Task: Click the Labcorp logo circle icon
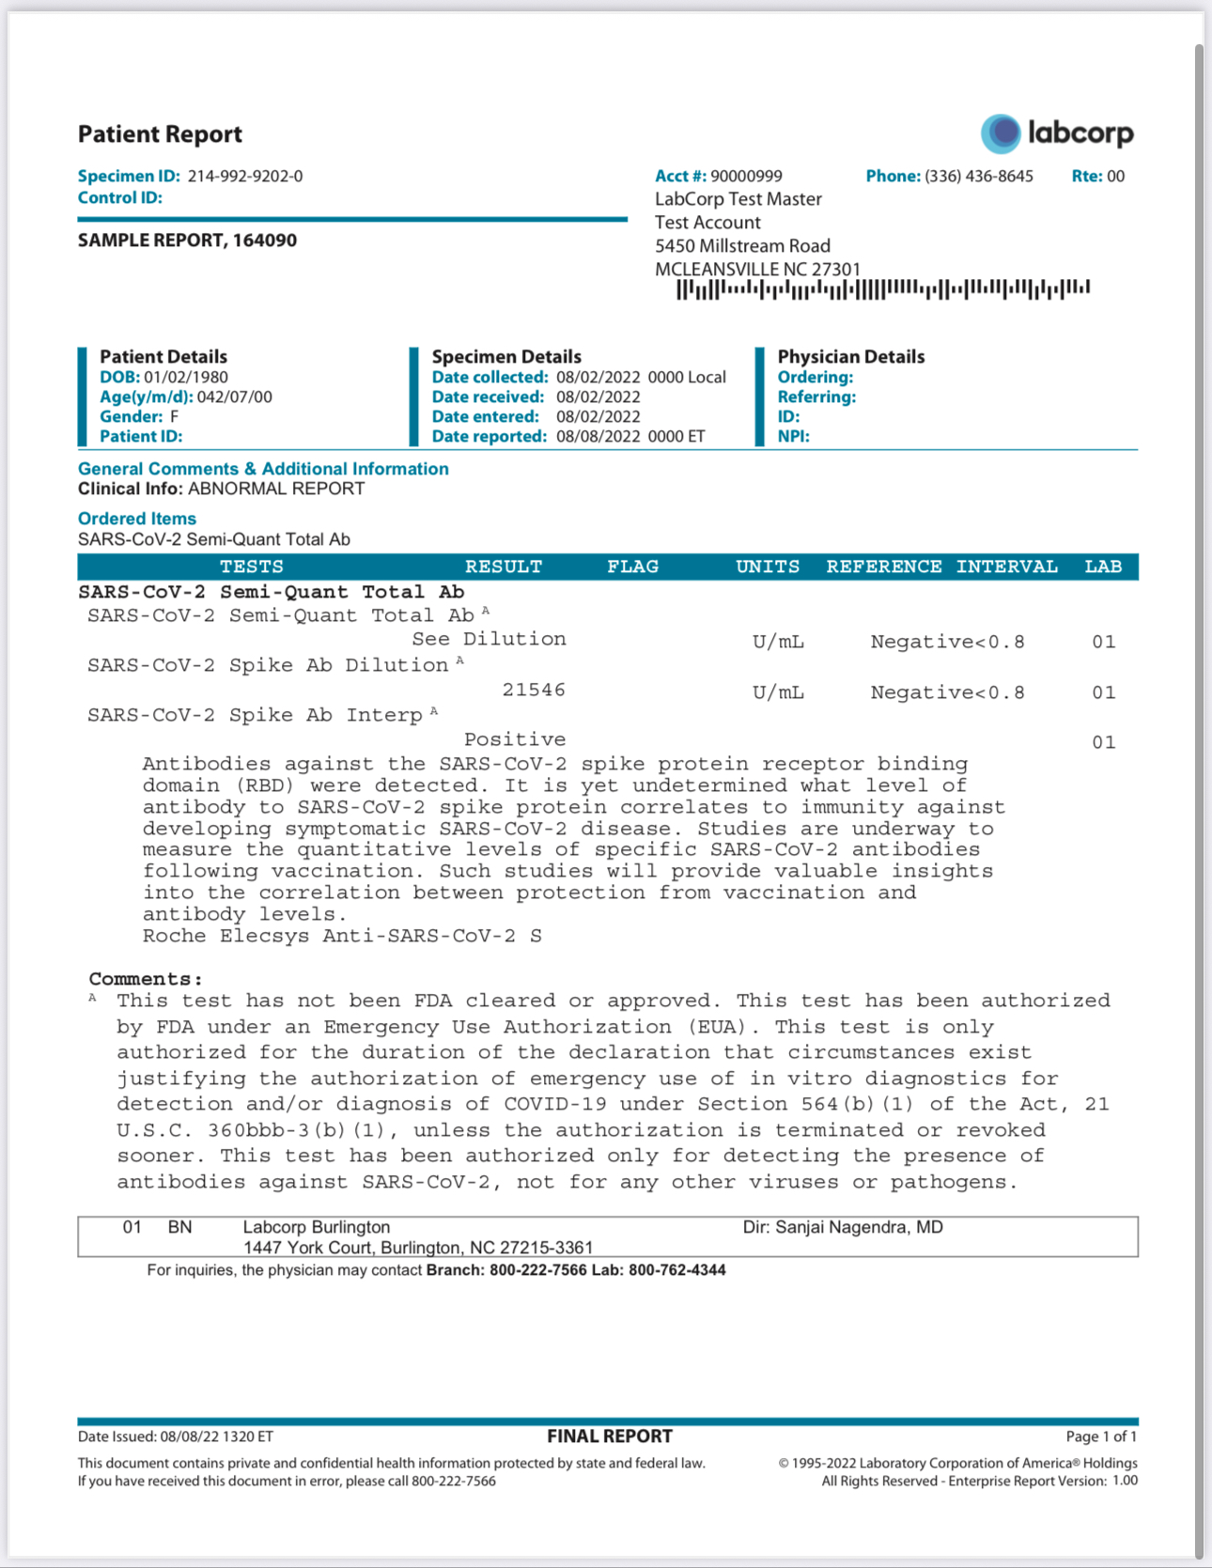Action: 1001,133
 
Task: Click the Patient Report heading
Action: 160,134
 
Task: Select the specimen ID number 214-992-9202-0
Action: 245,176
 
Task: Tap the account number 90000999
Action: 746,176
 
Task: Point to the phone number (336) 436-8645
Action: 978,176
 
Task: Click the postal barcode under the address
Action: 882,289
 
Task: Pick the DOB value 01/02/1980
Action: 186,377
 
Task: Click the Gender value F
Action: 175,416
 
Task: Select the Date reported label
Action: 489,436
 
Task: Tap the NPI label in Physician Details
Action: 793,436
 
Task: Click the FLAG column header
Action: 632,567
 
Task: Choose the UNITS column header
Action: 768,567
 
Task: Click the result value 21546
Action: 534,690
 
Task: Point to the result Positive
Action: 515,739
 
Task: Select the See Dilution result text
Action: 489,639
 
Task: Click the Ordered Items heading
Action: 137,519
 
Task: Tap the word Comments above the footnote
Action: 145,979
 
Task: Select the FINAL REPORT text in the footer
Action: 610,1436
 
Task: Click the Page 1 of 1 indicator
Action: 1101,1436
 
